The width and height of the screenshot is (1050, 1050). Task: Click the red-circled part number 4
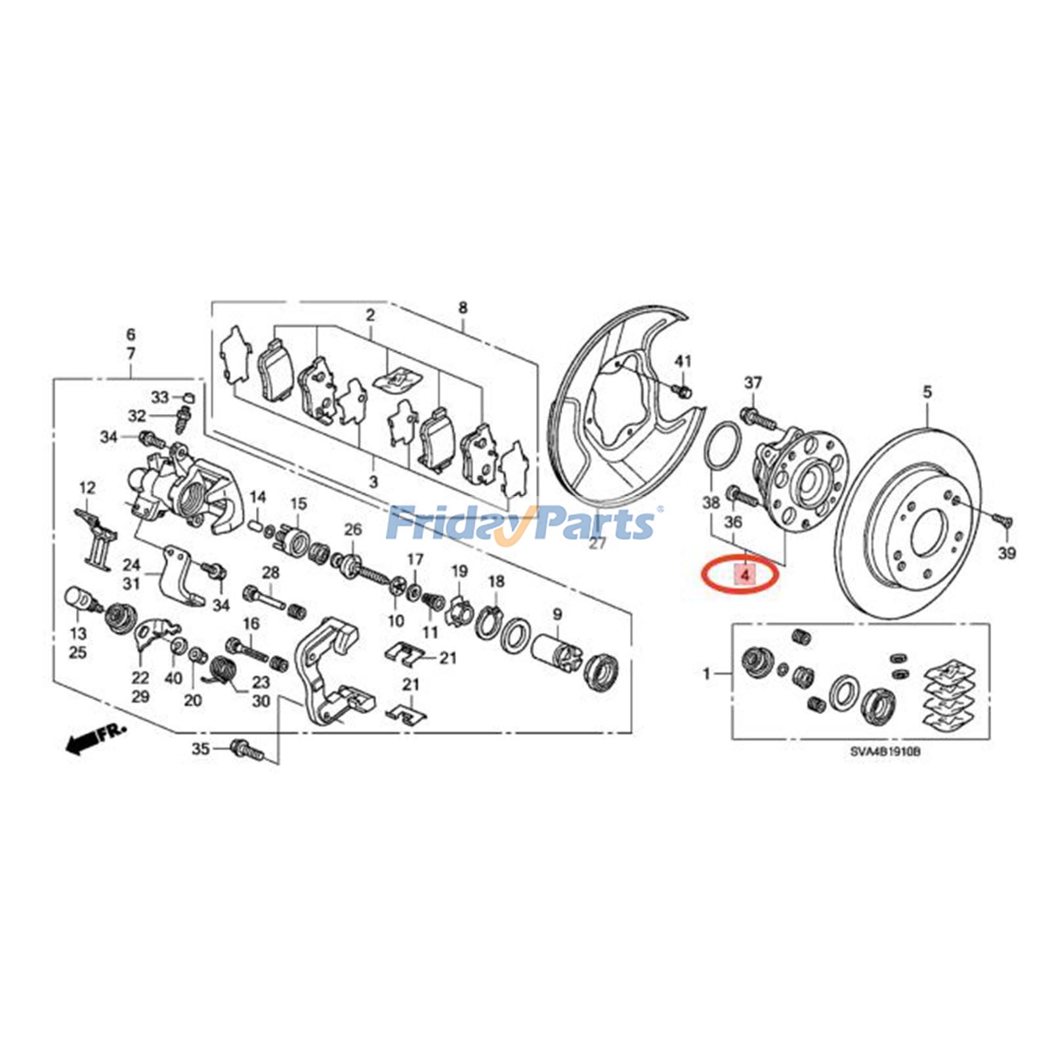click(x=744, y=575)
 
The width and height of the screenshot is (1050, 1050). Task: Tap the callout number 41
click(x=683, y=362)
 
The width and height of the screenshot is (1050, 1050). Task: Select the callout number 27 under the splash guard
click(x=597, y=543)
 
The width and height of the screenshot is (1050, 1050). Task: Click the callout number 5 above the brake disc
click(x=927, y=392)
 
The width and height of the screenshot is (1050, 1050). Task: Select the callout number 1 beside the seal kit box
click(x=707, y=674)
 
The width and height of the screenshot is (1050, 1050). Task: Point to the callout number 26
click(x=352, y=528)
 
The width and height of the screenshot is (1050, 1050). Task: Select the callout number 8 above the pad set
click(x=463, y=307)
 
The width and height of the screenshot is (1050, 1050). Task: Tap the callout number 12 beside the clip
click(x=87, y=488)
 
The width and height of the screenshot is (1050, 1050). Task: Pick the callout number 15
click(x=299, y=504)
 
